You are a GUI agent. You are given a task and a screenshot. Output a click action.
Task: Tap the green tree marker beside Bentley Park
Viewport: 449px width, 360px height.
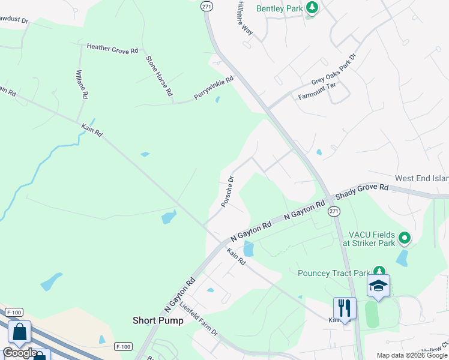pos(312,8)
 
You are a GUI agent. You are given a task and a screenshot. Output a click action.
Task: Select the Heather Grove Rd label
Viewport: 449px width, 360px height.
pos(112,48)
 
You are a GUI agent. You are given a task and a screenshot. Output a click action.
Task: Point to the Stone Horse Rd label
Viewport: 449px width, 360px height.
pos(159,76)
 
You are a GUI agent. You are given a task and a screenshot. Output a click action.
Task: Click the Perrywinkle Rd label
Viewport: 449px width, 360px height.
pos(213,87)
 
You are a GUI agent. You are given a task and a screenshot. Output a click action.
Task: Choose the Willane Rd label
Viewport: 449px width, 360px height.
pos(82,84)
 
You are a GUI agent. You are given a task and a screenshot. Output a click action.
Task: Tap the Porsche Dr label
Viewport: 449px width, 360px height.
pos(227,191)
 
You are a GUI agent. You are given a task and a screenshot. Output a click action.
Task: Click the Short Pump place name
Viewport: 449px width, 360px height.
pos(158,320)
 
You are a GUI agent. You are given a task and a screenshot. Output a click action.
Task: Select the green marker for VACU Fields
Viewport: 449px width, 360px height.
pos(405,239)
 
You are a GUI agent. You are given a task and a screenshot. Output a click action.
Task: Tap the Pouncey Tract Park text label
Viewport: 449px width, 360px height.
pos(334,273)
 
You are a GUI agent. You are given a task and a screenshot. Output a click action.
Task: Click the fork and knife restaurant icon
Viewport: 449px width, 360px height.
pos(345,308)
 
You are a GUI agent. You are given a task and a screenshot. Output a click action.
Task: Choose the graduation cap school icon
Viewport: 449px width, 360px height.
pos(379,286)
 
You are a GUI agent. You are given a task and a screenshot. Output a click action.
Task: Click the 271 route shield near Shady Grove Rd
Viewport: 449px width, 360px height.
pos(334,211)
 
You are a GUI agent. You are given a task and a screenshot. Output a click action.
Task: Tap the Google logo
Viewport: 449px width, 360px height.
pos(19,353)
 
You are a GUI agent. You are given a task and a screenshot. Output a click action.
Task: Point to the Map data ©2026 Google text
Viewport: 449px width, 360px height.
pos(412,355)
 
